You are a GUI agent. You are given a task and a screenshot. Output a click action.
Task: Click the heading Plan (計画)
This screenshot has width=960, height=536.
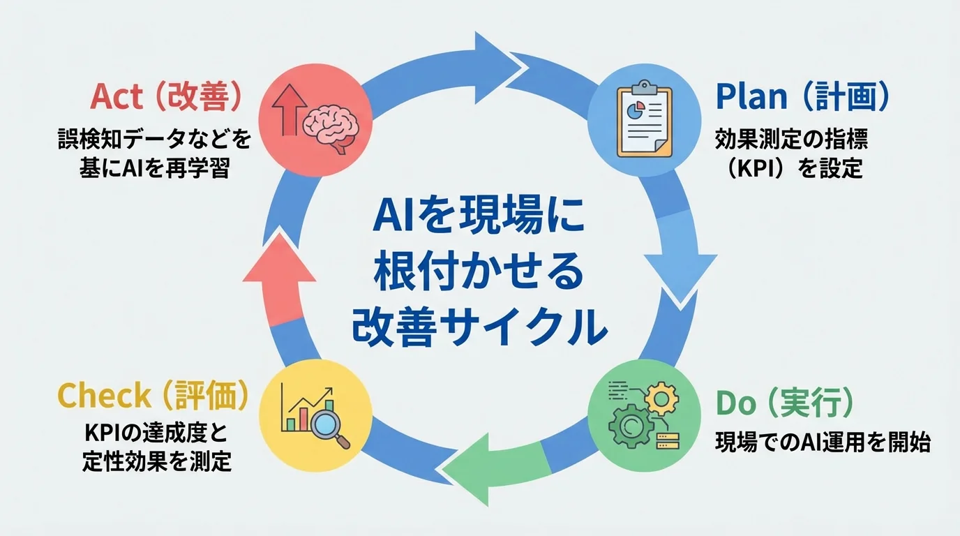point(802,98)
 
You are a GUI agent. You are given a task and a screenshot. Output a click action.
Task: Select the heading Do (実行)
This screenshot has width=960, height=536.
point(784,403)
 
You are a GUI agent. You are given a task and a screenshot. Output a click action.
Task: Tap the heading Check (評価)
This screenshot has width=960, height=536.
point(153,396)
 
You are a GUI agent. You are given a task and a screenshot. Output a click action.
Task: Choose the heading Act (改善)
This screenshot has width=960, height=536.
point(167,98)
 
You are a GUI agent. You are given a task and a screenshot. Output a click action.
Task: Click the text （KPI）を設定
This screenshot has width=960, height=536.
point(791,168)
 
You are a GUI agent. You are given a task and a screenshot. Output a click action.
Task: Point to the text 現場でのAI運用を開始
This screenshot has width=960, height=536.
point(823,442)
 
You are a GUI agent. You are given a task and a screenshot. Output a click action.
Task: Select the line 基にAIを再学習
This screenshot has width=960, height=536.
point(154,169)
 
